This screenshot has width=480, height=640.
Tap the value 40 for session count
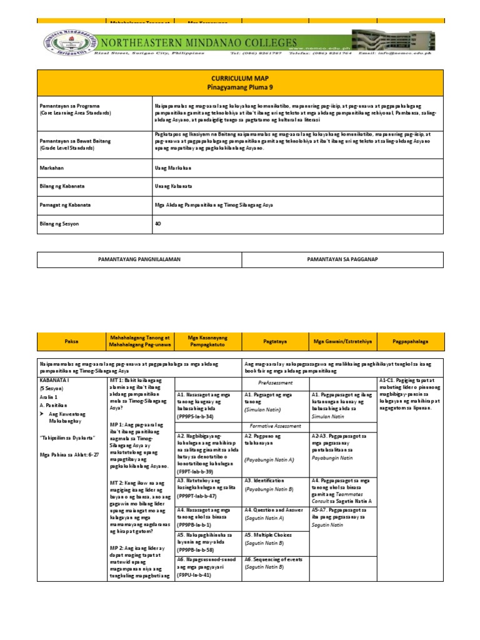coord(157,223)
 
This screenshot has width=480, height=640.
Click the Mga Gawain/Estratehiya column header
coord(342,342)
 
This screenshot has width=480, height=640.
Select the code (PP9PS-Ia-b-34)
coord(196,416)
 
